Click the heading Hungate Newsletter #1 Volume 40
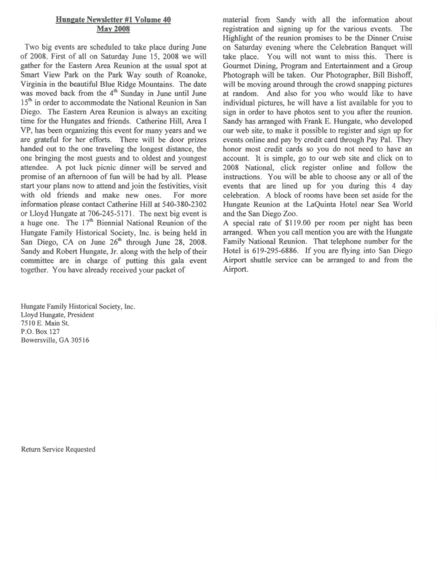click(x=114, y=20)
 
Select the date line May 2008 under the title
click(x=114, y=29)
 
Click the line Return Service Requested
click(x=58, y=449)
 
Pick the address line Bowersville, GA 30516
click(x=54, y=340)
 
